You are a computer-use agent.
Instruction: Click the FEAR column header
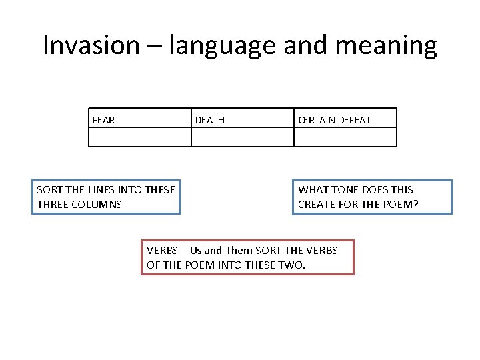pyautogui.click(x=103, y=120)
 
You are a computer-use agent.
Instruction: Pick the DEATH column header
pyautogui.click(x=209, y=120)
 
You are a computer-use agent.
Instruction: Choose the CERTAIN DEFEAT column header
pyautogui.click(x=334, y=120)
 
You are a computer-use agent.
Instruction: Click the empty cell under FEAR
pyautogui.click(x=139, y=137)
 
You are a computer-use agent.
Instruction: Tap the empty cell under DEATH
pyautogui.click(x=242, y=137)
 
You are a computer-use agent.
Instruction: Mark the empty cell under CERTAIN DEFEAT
pyautogui.click(x=345, y=137)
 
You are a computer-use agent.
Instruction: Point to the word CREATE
pyautogui.click(x=317, y=204)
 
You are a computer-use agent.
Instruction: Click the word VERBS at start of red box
pyautogui.click(x=162, y=251)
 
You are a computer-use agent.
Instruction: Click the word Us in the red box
pyautogui.click(x=195, y=251)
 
